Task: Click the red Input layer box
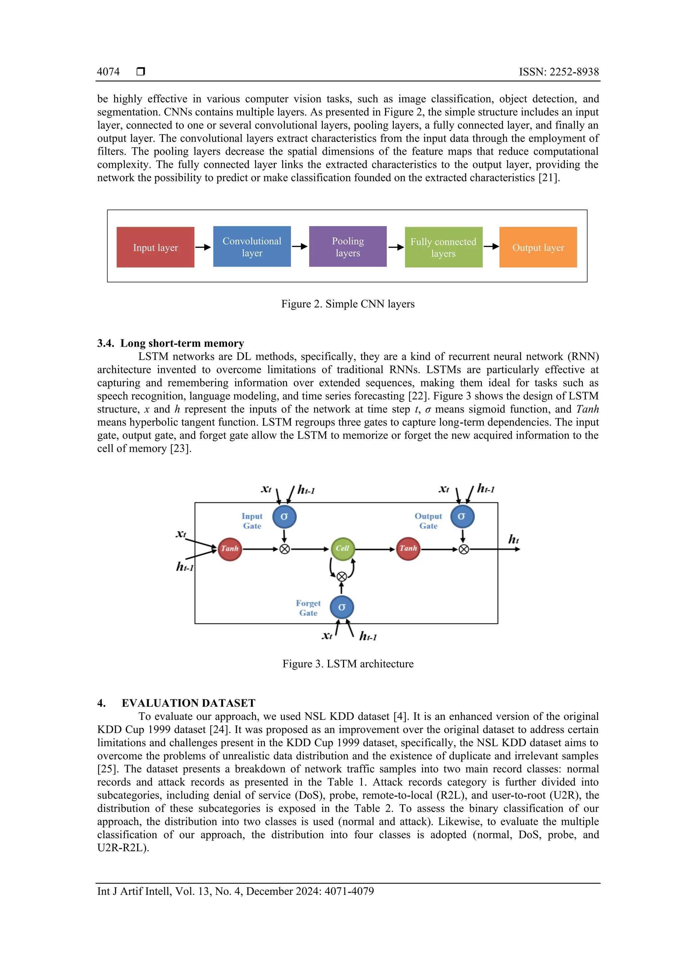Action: click(x=155, y=247)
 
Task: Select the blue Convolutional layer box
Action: click(x=252, y=247)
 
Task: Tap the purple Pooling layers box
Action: click(x=348, y=247)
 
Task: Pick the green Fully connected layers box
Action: click(x=443, y=247)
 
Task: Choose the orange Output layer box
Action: click(x=538, y=247)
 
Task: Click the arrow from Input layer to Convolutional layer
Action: click(x=203, y=247)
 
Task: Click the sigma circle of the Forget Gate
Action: click(x=341, y=607)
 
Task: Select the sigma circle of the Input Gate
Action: click(x=284, y=517)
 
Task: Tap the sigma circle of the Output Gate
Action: click(x=462, y=517)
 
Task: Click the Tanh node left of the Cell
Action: click(x=229, y=549)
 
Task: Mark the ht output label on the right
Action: click(x=513, y=539)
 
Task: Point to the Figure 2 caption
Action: click(x=348, y=304)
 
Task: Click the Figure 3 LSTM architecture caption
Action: click(x=348, y=664)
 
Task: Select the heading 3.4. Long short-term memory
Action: click(x=171, y=343)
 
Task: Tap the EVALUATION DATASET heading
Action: click(x=188, y=703)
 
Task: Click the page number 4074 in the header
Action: click(x=108, y=72)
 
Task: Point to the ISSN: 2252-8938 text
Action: click(x=558, y=72)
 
